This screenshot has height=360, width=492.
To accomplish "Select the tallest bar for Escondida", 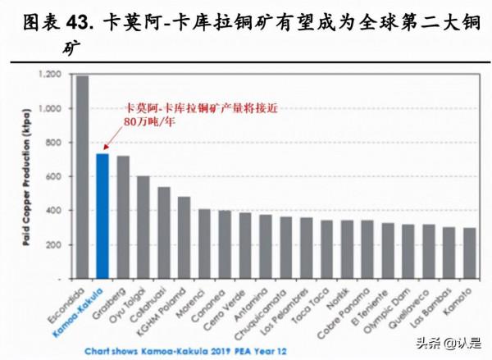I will pos(82,176).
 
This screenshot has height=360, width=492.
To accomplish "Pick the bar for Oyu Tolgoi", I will pos(143,227).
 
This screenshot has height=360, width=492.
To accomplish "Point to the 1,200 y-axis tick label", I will pos(51,75).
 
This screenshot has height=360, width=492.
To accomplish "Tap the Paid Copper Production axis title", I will pos(28,176).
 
